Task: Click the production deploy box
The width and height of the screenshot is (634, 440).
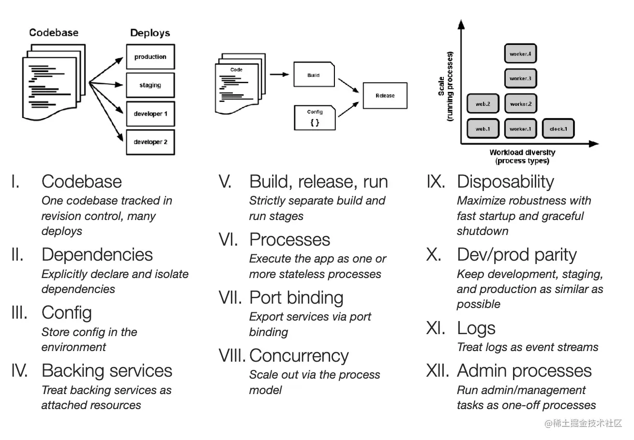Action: tap(150, 57)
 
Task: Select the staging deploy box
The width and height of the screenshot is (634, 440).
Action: tap(150, 85)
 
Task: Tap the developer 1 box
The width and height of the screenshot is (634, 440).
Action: tap(150, 114)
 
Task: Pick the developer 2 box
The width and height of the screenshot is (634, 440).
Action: tap(150, 142)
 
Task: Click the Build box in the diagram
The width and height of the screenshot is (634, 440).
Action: tap(314, 75)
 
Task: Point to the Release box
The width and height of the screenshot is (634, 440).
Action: tap(385, 96)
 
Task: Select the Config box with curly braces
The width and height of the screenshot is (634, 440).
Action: tap(315, 117)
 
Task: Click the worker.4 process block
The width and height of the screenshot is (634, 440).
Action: tap(520, 54)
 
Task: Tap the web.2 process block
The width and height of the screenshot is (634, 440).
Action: tap(483, 104)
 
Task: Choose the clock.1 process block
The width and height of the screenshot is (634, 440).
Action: tap(558, 129)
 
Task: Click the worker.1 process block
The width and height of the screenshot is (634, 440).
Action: tap(520, 129)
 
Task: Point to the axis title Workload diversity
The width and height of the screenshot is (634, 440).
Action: tap(522, 153)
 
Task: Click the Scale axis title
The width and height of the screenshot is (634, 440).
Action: tap(445, 87)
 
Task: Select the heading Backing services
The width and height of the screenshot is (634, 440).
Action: tap(107, 371)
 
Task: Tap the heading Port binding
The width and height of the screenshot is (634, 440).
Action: tap(296, 298)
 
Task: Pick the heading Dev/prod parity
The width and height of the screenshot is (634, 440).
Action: tap(517, 255)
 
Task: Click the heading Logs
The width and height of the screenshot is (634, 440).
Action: tap(476, 328)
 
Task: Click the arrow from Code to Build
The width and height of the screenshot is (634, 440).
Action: tap(279, 74)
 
